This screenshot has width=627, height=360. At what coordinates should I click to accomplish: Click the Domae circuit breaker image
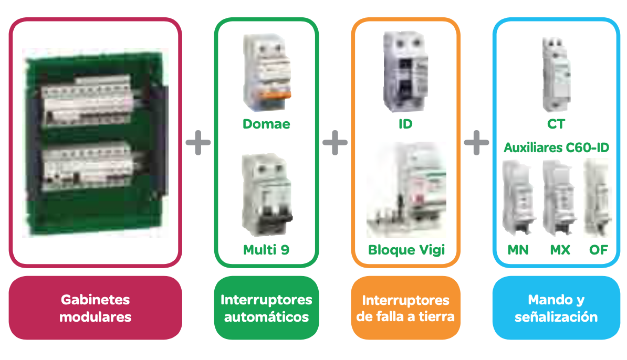click(266, 73)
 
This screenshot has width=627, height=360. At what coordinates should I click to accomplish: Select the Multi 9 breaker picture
click(266, 196)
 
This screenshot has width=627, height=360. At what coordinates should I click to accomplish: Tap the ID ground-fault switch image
click(405, 71)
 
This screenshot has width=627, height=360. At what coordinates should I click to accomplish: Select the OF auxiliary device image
click(597, 198)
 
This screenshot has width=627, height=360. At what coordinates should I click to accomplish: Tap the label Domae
click(266, 124)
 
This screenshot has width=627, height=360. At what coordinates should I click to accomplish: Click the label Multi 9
click(266, 250)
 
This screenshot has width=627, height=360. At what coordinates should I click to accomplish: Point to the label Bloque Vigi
click(406, 250)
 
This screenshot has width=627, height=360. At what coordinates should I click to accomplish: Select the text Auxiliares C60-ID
click(557, 148)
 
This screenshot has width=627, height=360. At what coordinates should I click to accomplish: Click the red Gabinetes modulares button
click(95, 308)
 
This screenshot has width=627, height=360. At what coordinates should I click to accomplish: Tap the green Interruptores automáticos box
click(266, 308)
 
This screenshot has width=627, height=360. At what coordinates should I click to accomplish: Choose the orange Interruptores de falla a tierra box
click(405, 308)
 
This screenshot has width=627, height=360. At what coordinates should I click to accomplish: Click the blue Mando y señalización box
click(556, 308)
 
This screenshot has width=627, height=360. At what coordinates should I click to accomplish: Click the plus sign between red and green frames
click(198, 142)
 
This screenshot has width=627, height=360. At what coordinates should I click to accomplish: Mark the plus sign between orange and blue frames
click(476, 142)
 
